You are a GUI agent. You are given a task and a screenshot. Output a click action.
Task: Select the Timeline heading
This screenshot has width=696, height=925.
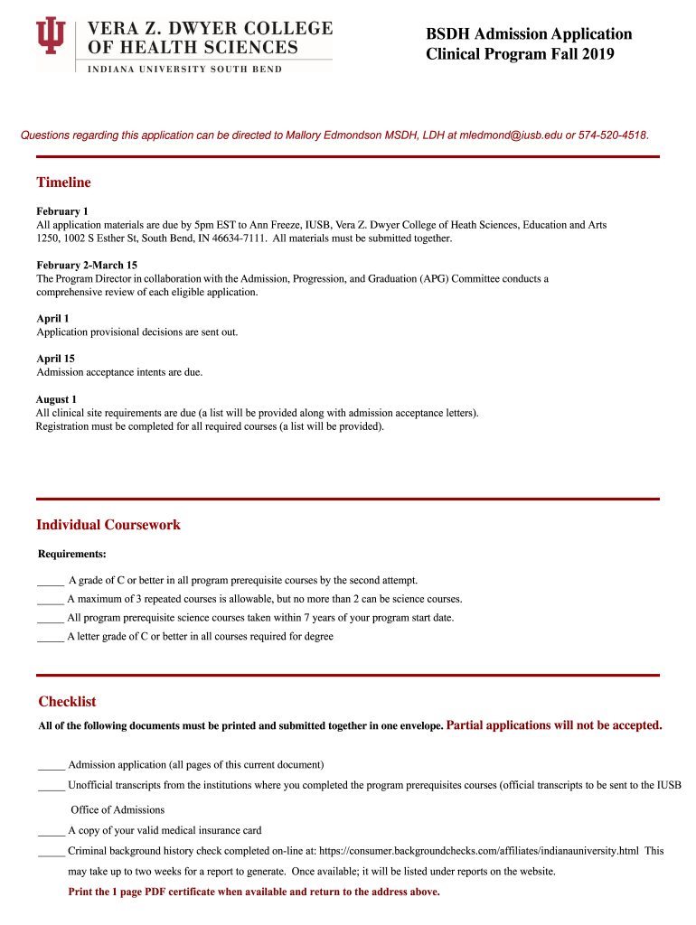63,182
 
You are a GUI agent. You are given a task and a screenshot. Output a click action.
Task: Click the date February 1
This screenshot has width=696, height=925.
62,211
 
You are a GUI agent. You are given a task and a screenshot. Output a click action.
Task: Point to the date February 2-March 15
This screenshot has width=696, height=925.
87,266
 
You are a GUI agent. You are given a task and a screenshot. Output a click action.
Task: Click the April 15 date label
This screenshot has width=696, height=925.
55,359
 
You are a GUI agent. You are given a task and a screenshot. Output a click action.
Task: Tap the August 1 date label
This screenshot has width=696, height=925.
56,399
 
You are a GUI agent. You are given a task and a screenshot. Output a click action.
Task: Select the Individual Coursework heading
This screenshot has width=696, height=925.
108,525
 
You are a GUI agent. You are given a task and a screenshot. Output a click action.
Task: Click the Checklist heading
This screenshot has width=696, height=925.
67,702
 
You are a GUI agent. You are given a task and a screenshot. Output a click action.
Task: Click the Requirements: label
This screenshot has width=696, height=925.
72,554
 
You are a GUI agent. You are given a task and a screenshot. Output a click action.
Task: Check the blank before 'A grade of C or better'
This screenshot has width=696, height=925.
51,581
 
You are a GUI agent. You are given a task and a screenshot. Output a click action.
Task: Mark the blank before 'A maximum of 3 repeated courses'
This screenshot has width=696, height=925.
51,600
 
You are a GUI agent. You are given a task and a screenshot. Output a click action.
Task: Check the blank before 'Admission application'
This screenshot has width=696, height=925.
52,765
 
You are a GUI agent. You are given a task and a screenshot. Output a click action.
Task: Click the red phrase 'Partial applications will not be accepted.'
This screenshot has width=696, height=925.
554,724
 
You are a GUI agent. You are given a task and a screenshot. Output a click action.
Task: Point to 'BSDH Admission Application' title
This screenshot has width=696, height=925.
529,34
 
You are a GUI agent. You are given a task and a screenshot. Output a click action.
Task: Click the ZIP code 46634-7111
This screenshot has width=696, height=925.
239,238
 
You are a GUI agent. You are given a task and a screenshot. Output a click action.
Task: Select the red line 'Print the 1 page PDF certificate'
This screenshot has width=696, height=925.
254,892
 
